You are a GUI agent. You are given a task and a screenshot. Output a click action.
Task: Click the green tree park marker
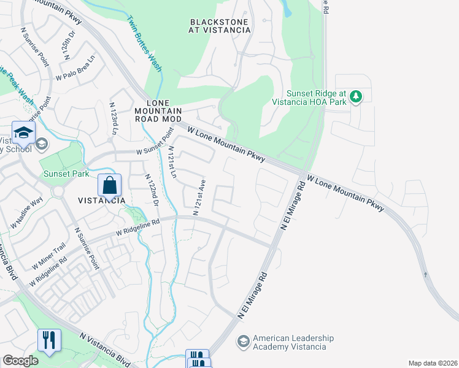pyautogui.click(x=355, y=96)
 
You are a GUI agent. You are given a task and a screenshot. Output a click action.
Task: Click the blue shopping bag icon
pyautogui.click(x=109, y=184)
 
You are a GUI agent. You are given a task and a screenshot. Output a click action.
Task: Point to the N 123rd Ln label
pyautogui.click(x=114, y=120)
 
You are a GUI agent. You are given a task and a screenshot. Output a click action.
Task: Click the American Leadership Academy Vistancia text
pyautogui.click(x=293, y=342)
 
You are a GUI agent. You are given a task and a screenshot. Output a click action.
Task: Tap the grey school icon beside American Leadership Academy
pyautogui.click(x=244, y=341)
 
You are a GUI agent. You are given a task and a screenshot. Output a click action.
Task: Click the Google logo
pyautogui.click(x=20, y=361)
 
